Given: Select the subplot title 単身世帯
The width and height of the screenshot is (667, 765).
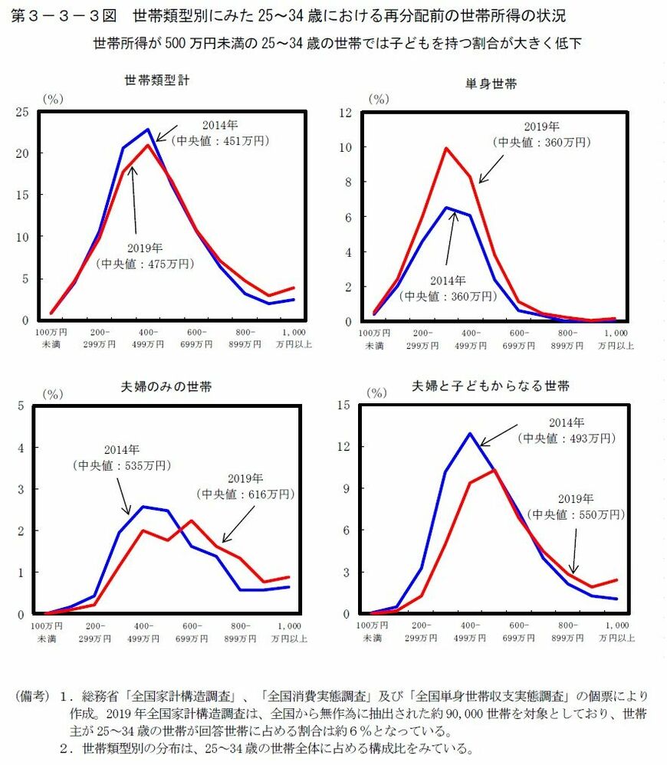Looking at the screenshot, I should [x=491, y=84].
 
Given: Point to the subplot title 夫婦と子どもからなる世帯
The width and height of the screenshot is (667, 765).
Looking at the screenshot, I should [x=491, y=386].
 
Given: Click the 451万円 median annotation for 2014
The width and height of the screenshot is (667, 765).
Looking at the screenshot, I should [x=220, y=140].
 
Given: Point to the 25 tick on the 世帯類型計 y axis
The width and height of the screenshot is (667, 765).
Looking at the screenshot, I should [x=23, y=112].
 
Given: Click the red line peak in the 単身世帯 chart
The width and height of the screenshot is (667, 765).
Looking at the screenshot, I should [x=446, y=148].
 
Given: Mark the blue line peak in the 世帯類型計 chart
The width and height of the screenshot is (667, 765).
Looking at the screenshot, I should [x=148, y=129].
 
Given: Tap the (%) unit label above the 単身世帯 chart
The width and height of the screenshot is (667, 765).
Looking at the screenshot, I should [x=378, y=99].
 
